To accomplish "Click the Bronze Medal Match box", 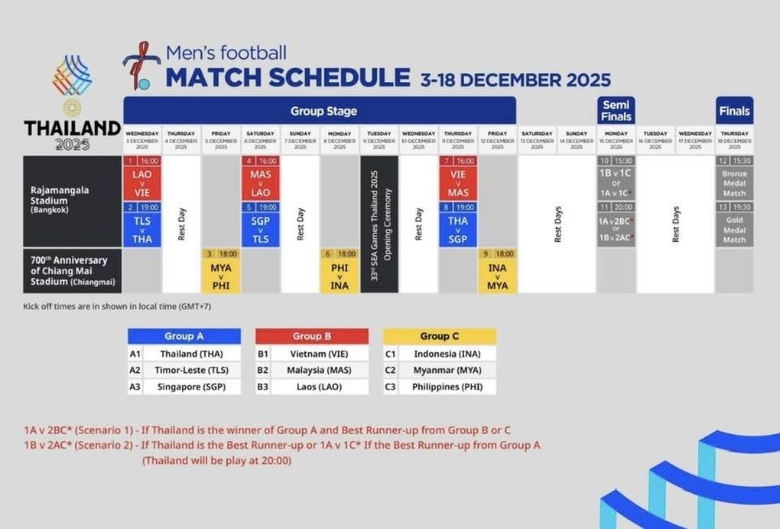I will pyautogui.click(x=734, y=184).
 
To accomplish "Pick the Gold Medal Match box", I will pyautogui.click(x=734, y=229).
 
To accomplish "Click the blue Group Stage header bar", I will pyautogui.click(x=320, y=111).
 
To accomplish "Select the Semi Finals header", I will pyautogui.click(x=616, y=110).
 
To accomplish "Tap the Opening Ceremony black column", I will pyautogui.click(x=379, y=224).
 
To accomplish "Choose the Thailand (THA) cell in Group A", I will pyautogui.click(x=190, y=354).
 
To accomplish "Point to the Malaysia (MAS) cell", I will pyautogui.click(x=317, y=371).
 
